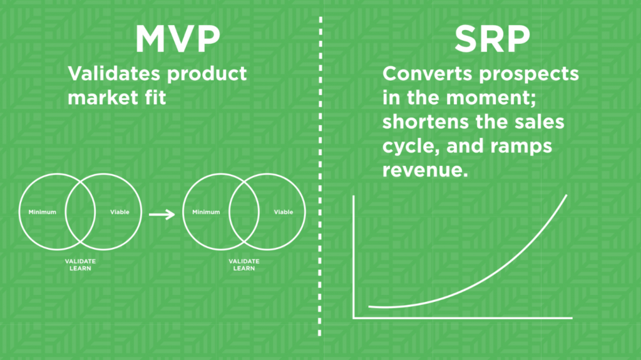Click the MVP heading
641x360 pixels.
pos(177,39)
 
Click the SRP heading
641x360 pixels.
pos(492,39)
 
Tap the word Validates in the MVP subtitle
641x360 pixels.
pos(114,74)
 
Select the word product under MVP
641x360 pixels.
pos(207,75)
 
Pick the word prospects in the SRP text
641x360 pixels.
pos(529,75)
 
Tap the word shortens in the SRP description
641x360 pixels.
pos(426,122)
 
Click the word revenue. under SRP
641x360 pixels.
pos(425,170)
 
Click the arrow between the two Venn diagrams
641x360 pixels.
pos(162,214)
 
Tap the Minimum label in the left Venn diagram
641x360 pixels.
pos(42,212)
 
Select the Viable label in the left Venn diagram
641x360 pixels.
pos(120,212)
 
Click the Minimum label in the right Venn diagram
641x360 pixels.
pos(206,212)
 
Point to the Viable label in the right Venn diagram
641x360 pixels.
pos(284,212)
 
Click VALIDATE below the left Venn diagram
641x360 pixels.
pos(80,261)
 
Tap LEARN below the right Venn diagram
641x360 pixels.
pos(244,269)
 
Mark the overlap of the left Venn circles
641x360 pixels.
pos(80,212)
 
